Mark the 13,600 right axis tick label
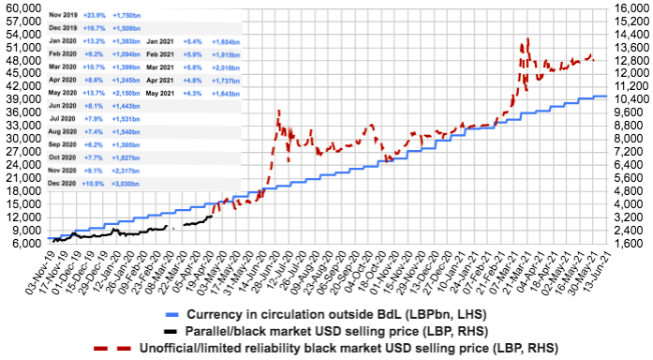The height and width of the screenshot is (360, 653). [x=631, y=46]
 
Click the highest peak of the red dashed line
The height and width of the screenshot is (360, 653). [x=529, y=39]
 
